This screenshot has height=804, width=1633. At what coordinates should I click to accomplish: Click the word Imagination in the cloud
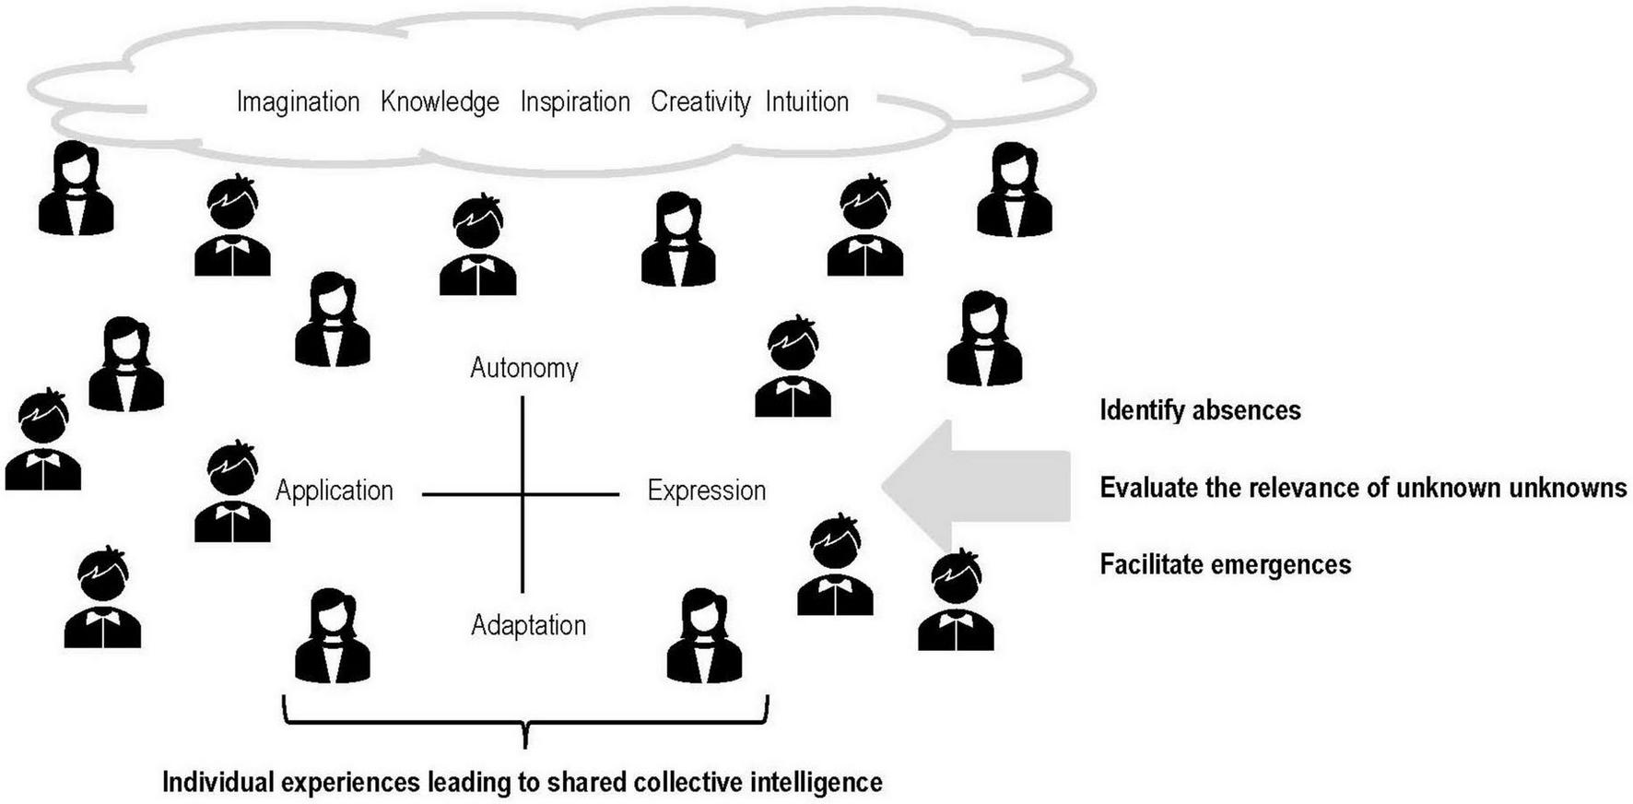tap(298, 101)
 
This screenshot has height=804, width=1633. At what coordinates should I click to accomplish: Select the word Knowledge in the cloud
tap(440, 101)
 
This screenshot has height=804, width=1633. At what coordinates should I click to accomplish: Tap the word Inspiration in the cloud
tap(575, 101)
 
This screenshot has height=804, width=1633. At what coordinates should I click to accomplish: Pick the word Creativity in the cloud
tap(700, 101)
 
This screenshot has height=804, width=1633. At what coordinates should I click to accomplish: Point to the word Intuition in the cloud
tap(806, 101)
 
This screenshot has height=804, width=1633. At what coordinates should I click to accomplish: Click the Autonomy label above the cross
tap(523, 368)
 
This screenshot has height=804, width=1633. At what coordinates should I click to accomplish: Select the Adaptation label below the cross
tap(528, 625)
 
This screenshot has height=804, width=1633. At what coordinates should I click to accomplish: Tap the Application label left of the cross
tap(334, 491)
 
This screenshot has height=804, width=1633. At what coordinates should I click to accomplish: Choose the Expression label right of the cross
tap(706, 491)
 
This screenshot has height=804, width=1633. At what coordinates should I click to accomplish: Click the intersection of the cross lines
tap(523, 495)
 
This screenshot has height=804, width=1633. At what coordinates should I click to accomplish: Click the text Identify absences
tap(1200, 410)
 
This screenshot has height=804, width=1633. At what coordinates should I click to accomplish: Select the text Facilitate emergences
tap(1225, 564)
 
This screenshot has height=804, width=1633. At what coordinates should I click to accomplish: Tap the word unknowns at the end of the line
tap(1567, 487)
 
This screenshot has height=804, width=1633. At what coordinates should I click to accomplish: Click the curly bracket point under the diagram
tap(525, 739)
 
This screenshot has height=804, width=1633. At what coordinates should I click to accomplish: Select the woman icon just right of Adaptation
tap(704, 635)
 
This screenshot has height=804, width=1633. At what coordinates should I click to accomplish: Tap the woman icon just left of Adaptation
tap(333, 635)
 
